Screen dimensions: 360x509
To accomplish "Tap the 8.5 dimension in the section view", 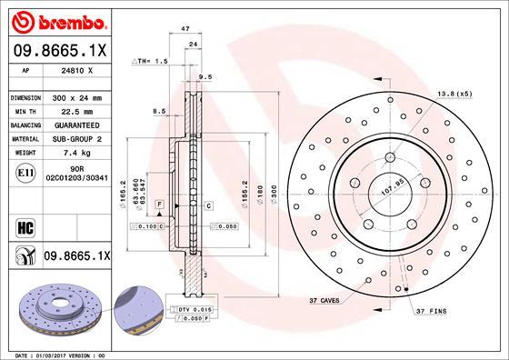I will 160,111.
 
